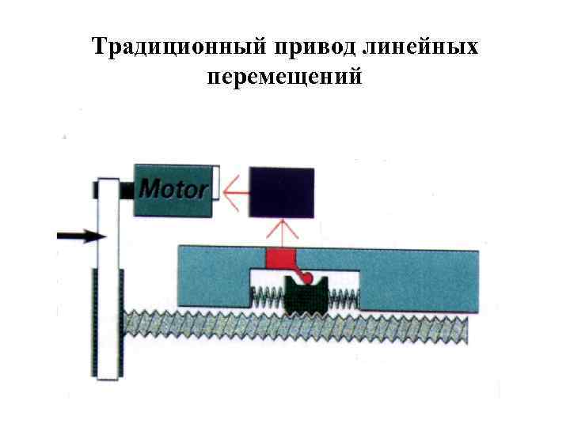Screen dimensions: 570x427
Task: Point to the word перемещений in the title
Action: click(x=285, y=77)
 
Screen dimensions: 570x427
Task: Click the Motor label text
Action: click(x=173, y=189)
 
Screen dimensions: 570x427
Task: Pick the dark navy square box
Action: click(x=281, y=191)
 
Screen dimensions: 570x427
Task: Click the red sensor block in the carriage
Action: click(x=279, y=259)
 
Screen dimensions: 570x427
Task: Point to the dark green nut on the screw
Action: click(x=304, y=297)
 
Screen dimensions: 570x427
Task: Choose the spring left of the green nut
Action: click(x=268, y=298)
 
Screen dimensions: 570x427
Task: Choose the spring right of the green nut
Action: click(x=342, y=298)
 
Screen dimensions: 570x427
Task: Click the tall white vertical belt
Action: click(x=107, y=237)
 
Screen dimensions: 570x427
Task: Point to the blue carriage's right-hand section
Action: click(x=420, y=277)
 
